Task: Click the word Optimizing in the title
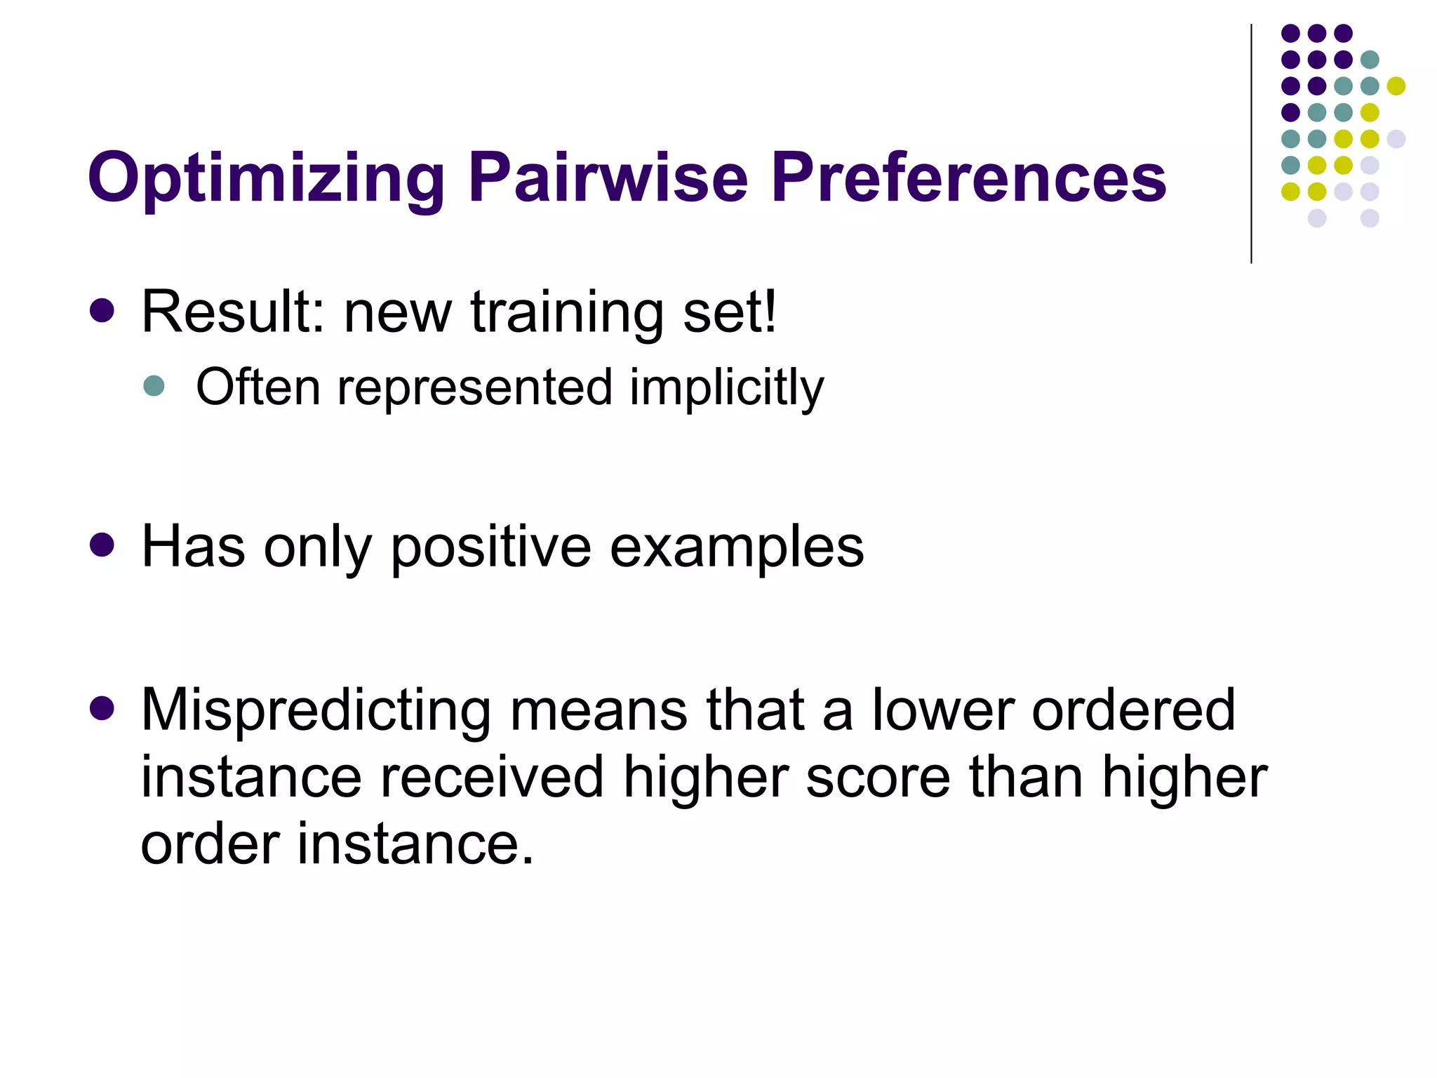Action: [266, 179]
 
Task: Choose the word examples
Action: [737, 548]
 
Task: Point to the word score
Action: [878, 778]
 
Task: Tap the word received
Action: [491, 778]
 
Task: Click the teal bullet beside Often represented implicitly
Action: [154, 385]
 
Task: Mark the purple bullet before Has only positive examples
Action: [102, 545]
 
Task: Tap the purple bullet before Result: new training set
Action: [102, 310]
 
